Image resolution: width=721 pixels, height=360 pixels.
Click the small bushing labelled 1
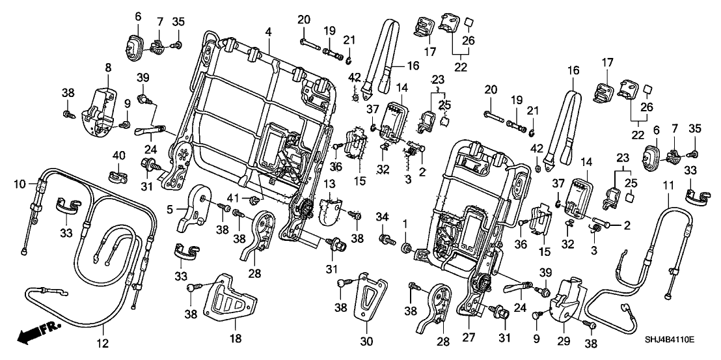tap(407, 247)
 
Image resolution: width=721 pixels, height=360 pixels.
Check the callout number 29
tap(564, 339)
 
